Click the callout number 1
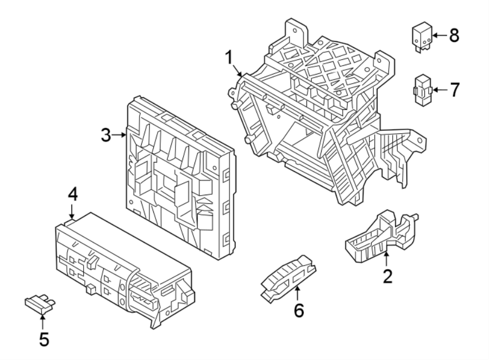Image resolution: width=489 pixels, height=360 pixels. pyautogui.click(x=229, y=57)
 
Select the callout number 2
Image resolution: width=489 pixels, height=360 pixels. pyautogui.click(x=387, y=276)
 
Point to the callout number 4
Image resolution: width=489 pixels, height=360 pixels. pyautogui.click(x=73, y=194)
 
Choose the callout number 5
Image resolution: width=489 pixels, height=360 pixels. pyautogui.click(x=43, y=339)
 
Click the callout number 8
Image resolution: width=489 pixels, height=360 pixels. pyautogui.click(x=454, y=36)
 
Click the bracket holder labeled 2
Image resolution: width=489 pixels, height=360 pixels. pyautogui.click(x=380, y=234)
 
